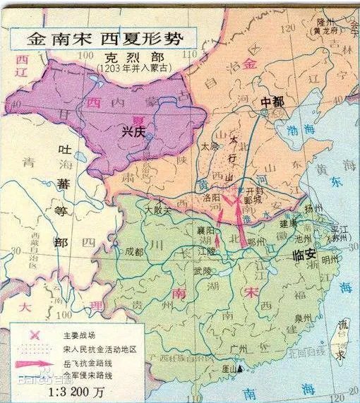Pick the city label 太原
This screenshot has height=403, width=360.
click(207, 147)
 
